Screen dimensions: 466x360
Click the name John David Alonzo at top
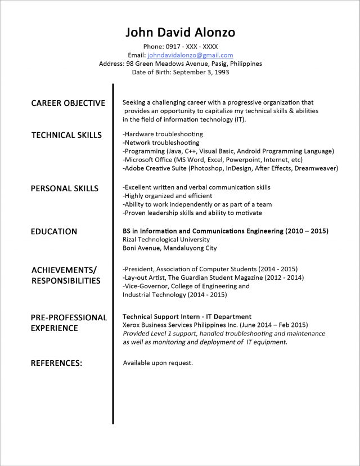coord(180,32)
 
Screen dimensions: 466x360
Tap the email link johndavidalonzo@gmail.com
coord(190,55)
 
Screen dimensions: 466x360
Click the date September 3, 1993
coord(201,72)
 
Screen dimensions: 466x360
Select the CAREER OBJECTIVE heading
coord(68,103)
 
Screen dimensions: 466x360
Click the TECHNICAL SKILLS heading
coord(66,135)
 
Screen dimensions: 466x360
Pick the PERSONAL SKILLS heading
coord(64,189)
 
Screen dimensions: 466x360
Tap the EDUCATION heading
coord(54,231)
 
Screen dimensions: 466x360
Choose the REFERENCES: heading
coord(56,363)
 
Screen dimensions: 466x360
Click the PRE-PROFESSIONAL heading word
coord(69,317)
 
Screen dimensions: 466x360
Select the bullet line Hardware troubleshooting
coord(163,135)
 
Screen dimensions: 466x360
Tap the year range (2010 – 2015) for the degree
coord(307,231)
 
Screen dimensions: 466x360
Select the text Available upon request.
coord(157,363)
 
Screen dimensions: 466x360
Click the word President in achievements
coord(140,269)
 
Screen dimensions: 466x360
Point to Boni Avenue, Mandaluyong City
coord(169,248)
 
